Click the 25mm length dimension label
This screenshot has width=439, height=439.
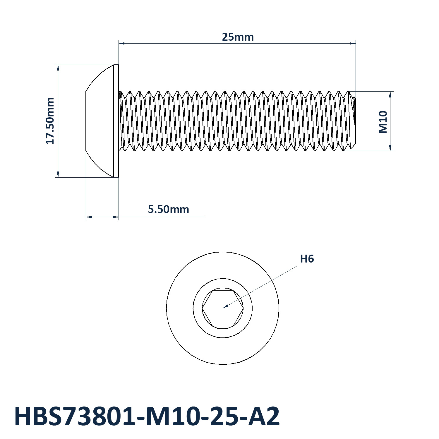coord(238,37)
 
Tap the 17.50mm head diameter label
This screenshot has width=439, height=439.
coord(50,121)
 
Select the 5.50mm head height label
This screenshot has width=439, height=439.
coord(168,209)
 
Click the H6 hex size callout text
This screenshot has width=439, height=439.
coord(307,259)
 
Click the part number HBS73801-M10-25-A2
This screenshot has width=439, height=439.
coord(147,416)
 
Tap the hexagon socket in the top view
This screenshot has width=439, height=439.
coord(223,308)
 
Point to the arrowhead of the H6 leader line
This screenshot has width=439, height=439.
coord(225,307)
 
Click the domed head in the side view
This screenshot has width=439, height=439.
coord(100,121)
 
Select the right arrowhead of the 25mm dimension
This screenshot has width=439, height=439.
coord(353,43)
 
